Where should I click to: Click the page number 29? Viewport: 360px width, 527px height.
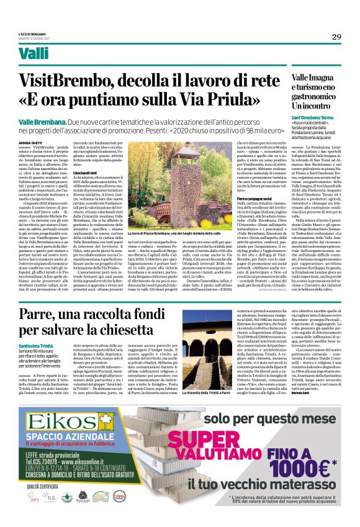pyautogui.click(x=336, y=37)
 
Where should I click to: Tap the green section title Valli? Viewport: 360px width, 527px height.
pyautogui.click(x=33, y=53)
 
